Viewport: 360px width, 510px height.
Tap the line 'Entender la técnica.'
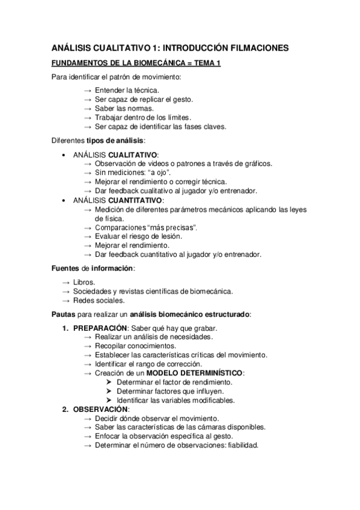(x=127, y=90)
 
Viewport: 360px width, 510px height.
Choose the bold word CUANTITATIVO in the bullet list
(x=135, y=200)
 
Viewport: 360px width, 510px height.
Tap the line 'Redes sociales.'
(x=99, y=300)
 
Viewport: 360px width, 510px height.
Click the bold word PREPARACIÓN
(x=100, y=328)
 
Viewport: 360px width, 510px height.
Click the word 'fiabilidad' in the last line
(x=240, y=445)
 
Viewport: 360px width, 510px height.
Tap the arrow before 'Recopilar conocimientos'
(x=88, y=346)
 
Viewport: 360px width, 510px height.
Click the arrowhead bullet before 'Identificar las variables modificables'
(x=109, y=400)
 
